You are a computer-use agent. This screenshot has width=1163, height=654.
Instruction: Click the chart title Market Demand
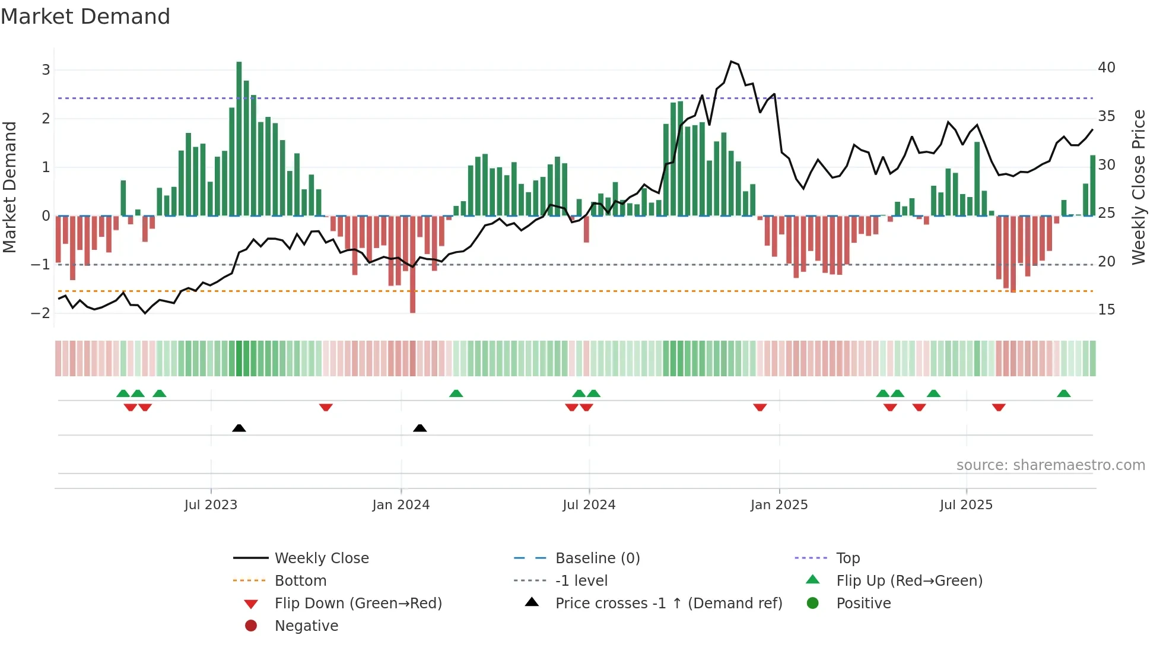[85, 17]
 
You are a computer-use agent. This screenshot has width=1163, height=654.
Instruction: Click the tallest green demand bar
[239, 138]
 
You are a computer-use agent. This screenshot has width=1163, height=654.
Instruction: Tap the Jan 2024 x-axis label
[401, 505]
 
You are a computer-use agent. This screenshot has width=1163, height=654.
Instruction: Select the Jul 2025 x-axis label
[965, 505]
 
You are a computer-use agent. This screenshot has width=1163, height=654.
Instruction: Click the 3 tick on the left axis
[46, 70]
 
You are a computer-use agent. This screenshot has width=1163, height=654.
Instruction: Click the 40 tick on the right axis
[1106, 68]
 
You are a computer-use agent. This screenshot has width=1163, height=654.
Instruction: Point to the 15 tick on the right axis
[1106, 310]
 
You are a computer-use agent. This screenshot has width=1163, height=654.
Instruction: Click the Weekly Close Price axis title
[1138, 187]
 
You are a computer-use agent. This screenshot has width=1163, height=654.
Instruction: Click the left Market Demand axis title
[10, 187]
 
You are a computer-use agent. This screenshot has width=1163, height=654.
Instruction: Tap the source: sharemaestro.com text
[1050, 465]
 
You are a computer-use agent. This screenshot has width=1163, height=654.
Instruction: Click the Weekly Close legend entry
[321, 558]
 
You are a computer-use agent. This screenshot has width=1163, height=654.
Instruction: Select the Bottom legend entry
[300, 581]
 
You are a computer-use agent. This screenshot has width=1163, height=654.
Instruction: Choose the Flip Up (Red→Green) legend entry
[909, 581]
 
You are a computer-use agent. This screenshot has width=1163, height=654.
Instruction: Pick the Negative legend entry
[306, 626]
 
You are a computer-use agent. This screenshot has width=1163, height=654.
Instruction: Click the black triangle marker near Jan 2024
[420, 428]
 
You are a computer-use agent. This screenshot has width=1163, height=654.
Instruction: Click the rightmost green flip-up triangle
[1063, 393]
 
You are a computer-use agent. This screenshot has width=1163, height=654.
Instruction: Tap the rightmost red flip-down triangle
[998, 407]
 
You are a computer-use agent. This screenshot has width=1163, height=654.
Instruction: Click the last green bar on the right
[1092, 185]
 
